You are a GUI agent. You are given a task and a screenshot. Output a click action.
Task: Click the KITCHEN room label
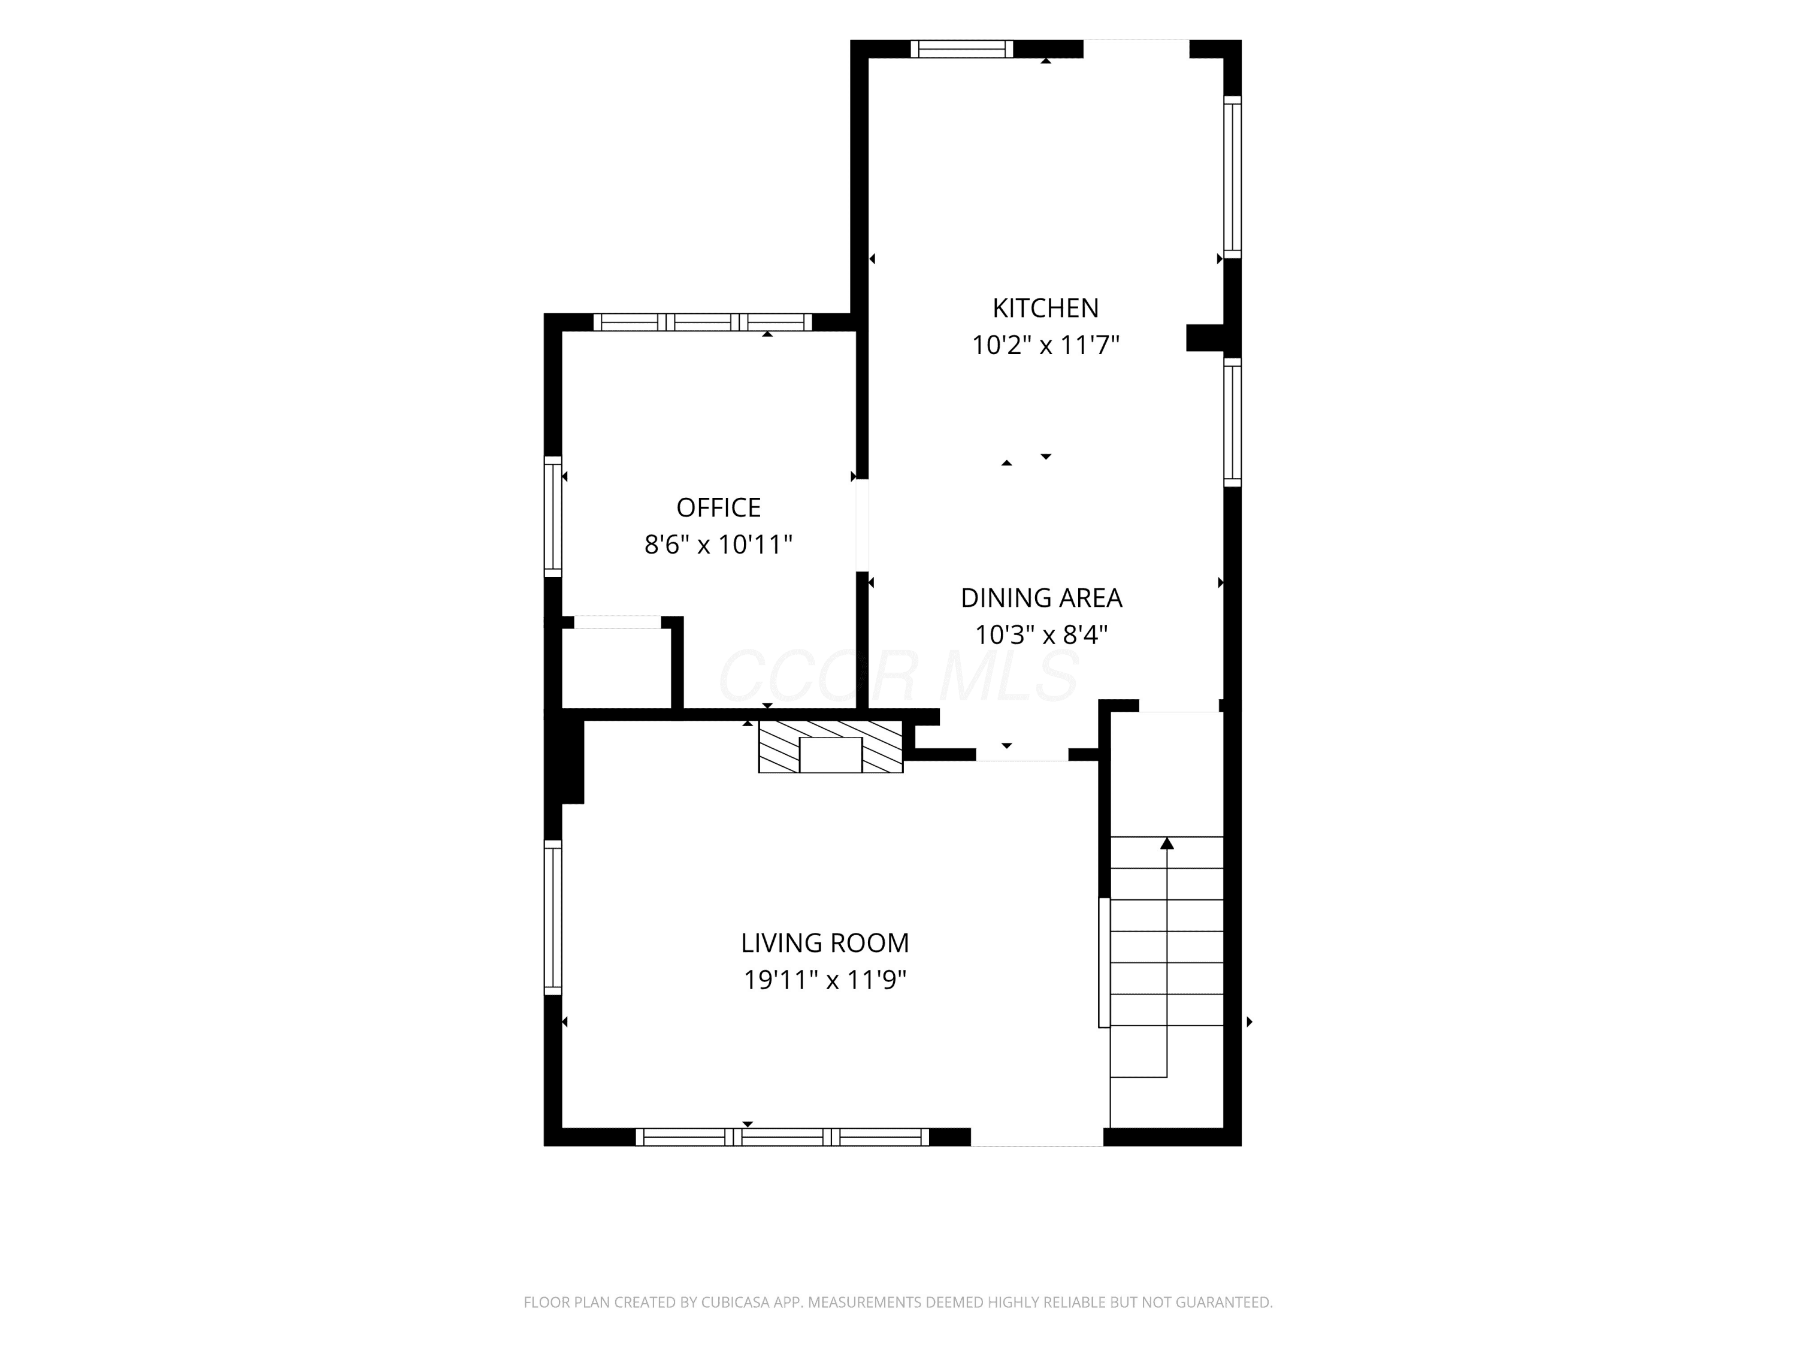(x=1045, y=308)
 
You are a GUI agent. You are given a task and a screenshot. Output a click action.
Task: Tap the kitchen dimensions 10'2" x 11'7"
(x=1045, y=345)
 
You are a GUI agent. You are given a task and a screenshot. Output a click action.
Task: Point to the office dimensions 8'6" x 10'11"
(x=719, y=545)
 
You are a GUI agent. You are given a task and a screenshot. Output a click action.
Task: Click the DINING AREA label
(x=1042, y=598)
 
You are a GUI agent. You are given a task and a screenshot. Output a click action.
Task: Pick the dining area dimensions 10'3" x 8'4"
(x=1042, y=634)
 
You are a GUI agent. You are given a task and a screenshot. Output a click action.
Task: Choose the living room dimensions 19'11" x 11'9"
(x=825, y=981)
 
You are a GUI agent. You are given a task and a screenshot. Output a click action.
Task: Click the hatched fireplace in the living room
(x=830, y=746)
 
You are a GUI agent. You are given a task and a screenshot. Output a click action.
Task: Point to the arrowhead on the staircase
(x=1167, y=844)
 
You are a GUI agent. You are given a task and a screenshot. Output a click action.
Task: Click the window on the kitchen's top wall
(x=962, y=49)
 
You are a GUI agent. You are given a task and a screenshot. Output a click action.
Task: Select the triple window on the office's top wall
(x=703, y=322)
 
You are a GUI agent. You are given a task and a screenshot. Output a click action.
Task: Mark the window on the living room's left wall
(x=552, y=917)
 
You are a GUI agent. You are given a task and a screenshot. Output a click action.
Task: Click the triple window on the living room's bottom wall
(x=782, y=1137)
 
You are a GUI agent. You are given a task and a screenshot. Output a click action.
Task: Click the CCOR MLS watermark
(x=898, y=676)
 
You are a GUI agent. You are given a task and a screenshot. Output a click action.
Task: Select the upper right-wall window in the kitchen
(x=1232, y=177)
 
